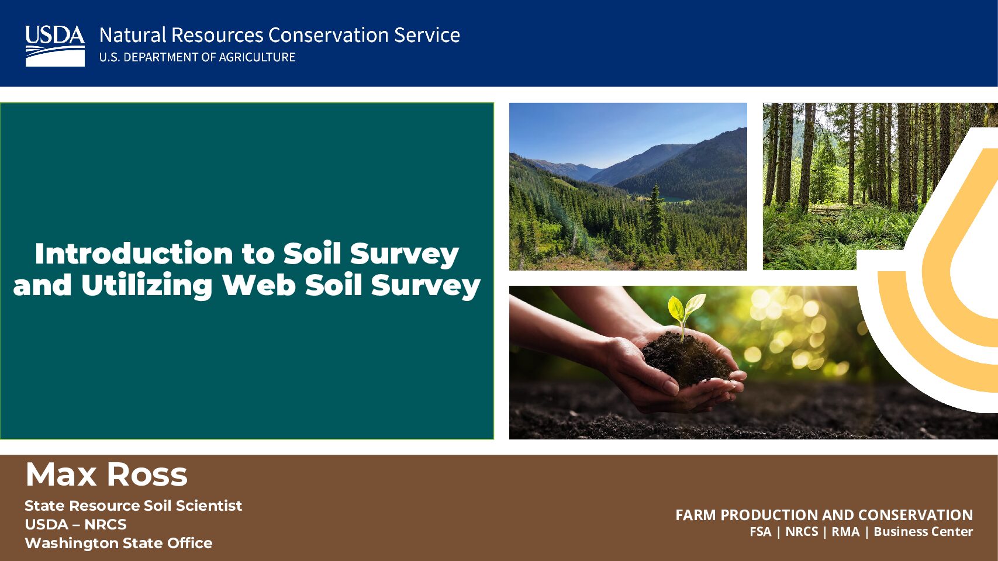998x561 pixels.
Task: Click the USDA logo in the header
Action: click(55, 46)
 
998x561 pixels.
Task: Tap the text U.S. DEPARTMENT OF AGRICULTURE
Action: click(198, 57)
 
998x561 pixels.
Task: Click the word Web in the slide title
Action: click(260, 285)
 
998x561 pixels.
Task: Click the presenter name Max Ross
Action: click(106, 475)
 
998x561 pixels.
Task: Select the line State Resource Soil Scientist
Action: click(133, 506)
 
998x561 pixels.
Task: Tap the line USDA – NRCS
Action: click(76, 525)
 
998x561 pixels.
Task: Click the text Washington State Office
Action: click(119, 543)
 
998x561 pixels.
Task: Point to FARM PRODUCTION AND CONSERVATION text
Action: click(824, 515)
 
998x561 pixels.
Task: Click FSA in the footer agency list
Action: click(761, 532)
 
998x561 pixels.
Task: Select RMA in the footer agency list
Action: click(845, 532)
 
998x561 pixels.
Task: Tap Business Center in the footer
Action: click(923, 532)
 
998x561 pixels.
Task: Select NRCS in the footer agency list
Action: click(802, 532)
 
